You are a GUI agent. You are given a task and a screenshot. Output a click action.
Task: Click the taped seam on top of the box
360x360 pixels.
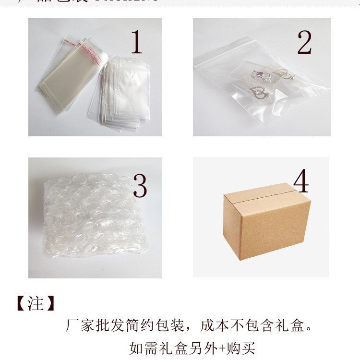tap(262, 191)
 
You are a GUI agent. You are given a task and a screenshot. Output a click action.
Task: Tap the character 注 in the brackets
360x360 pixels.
tap(36, 304)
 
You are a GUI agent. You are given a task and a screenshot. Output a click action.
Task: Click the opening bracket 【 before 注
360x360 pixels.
tap(21, 304)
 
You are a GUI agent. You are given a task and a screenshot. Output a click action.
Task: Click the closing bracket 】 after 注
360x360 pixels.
tap(50, 304)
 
